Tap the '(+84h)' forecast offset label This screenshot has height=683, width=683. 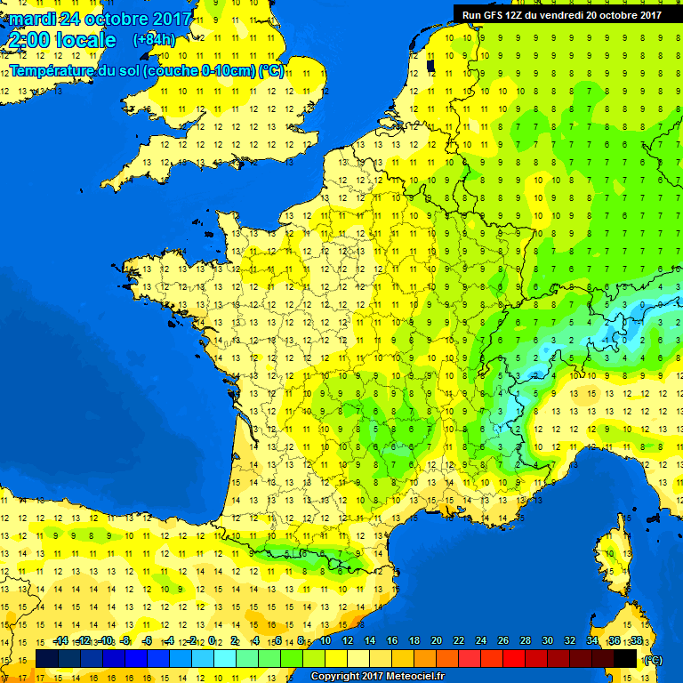coord(154,39)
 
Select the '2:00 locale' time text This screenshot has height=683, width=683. coord(63,40)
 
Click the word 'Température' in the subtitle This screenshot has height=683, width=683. coord(52,71)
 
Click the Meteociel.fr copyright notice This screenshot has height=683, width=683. coord(378,677)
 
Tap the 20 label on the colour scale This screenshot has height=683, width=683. coord(436,640)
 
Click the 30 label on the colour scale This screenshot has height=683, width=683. coord(547,640)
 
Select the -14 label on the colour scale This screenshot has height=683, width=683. coord(60,640)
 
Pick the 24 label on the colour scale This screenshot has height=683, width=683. coord(480,640)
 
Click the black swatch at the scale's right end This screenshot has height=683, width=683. coord(625,658)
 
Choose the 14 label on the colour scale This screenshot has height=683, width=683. coord(369,640)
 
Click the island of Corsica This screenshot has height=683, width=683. coord(614,560)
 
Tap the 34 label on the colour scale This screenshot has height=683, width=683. coord(591,640)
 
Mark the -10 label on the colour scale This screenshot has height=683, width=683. coord(105,640)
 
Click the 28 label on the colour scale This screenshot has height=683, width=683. coord(525,640)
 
